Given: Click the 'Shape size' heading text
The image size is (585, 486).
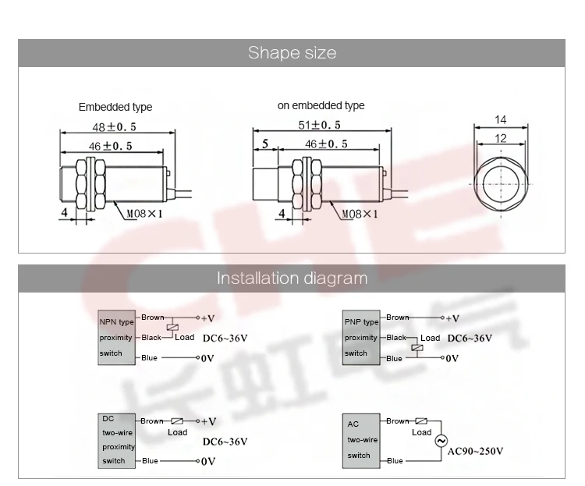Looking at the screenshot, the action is tap(292, 52).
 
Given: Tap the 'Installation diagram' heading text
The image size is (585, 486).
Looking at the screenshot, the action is tap(292, 278).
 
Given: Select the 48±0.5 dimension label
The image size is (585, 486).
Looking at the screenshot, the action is tap(114, 127).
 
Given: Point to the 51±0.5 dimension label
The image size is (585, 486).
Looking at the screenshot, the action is tap(319, 125).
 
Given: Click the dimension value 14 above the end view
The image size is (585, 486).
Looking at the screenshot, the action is tap(500, 120).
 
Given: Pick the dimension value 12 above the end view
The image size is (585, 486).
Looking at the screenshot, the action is tap(500, 139).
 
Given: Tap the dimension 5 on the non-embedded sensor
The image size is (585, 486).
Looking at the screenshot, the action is tap(265, 144).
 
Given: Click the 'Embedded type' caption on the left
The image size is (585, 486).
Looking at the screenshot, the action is tap(115, 107).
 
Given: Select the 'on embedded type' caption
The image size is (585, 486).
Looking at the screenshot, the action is tap(321, 105).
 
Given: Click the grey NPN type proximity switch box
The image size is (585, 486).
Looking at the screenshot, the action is tap(116, 338).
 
